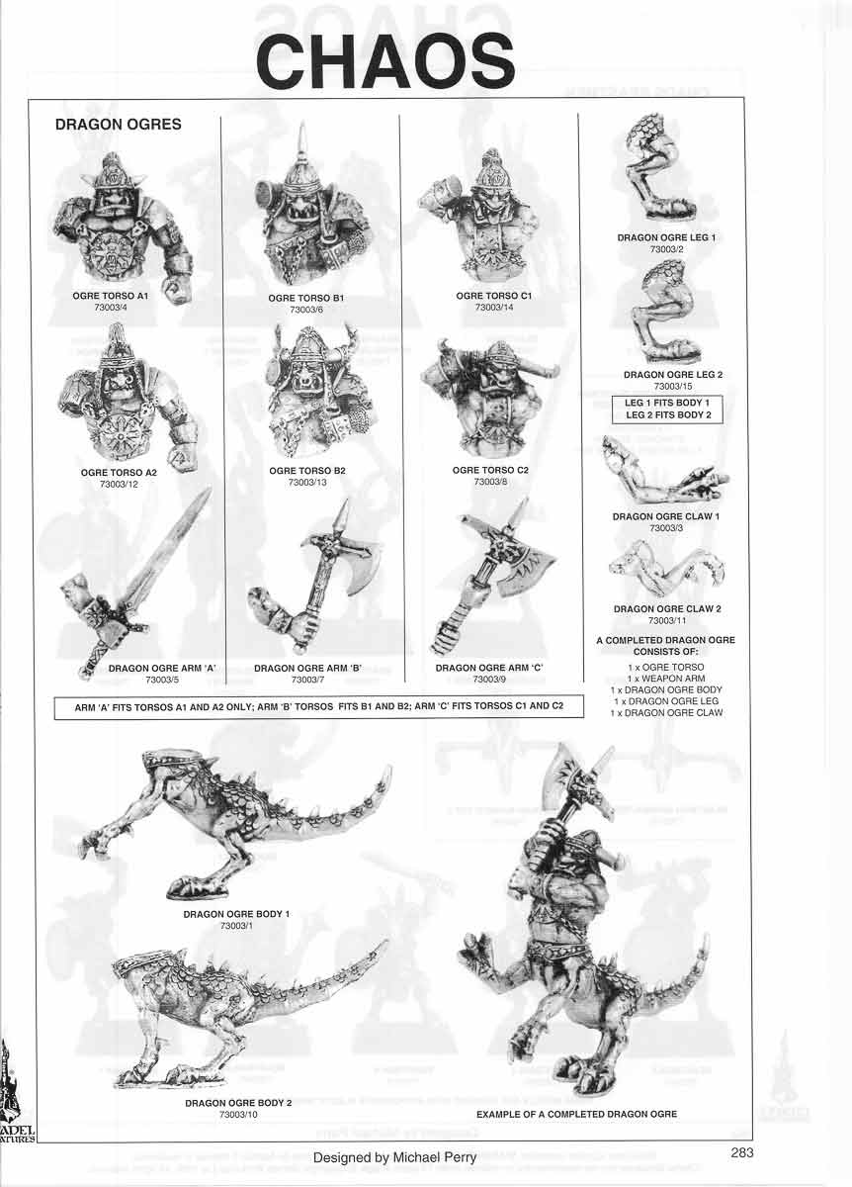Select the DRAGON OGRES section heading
[118, 126]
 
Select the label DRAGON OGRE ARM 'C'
[489, 668]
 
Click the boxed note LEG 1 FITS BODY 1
[667, 403]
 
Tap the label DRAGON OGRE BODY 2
[238, 1102]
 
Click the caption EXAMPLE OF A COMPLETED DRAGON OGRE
[576, 1114]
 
